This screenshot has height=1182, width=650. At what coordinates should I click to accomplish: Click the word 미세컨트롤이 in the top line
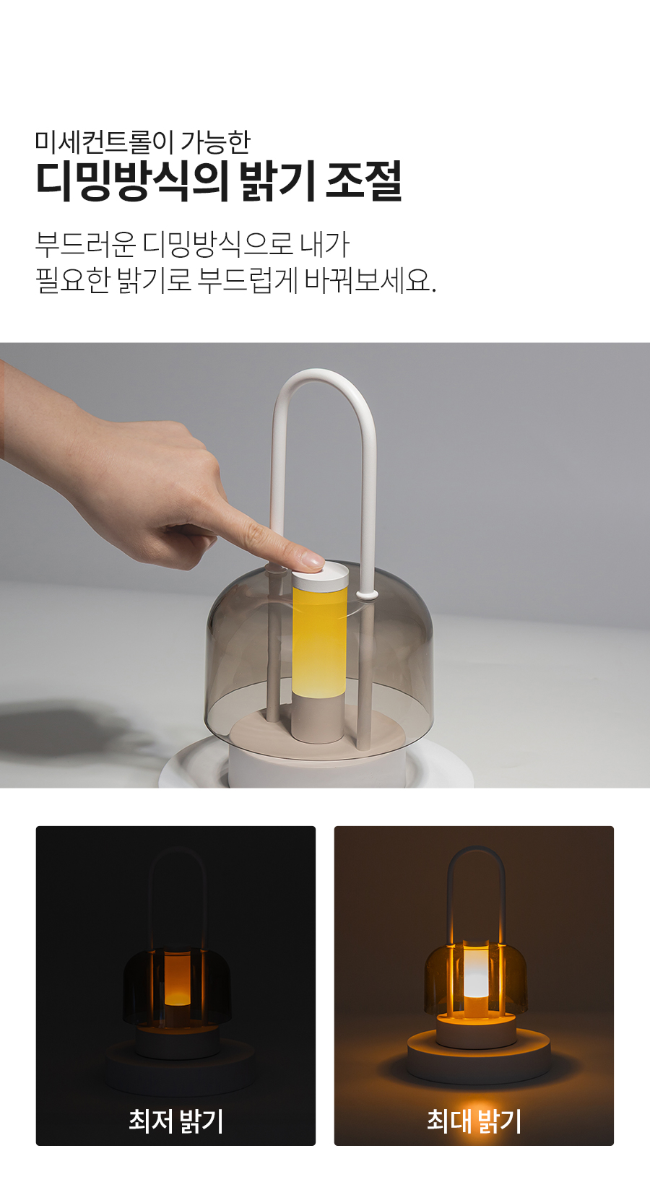point(105,142)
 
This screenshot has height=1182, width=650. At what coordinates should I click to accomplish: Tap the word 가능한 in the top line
point(215,142)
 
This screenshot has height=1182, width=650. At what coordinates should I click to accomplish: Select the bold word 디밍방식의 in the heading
point(132,181)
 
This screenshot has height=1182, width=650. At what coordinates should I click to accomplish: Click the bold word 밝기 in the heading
point(277,181)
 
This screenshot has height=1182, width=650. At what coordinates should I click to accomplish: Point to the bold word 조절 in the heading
point(364,181)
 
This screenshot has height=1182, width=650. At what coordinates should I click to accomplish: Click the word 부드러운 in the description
point(86,244)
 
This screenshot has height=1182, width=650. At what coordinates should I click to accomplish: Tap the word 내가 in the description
point(324,244)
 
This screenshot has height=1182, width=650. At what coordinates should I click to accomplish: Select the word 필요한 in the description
point(71,280)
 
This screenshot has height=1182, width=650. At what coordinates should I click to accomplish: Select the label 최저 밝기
point(176,1120)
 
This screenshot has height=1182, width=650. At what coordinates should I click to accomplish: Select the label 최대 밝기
point(474,1120)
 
